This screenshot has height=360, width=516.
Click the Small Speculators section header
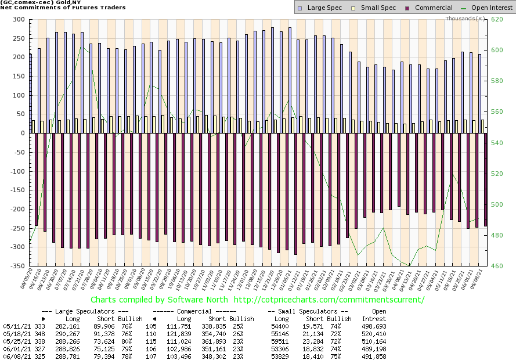pyautogui.click(x=306, y=311)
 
